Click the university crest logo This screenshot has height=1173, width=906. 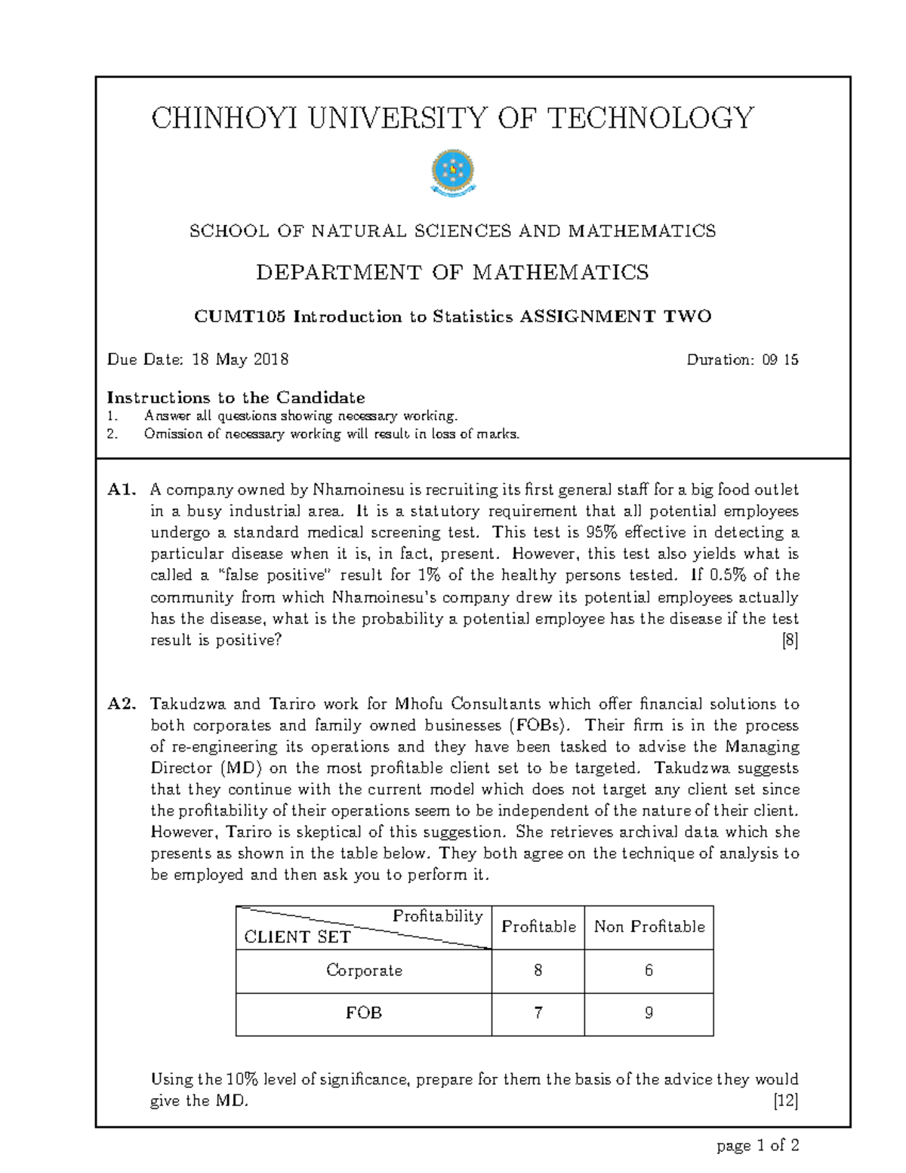[x=452, y=174]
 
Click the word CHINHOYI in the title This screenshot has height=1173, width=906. [x=206, y=119]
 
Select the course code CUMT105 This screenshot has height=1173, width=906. [x=240, y=316]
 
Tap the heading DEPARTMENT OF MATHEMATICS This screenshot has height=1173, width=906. [x=452, y=272]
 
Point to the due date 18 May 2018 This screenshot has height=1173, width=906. [x=240, y=360]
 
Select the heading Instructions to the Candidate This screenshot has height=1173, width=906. [x=236, y=397]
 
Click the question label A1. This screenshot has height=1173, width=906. [x=122, y=489]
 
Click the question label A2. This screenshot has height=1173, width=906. [x=122, y=704]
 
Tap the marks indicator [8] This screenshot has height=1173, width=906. [x=790, y=641]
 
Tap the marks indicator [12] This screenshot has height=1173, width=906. [x=786, y=1100]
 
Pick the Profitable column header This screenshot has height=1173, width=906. [x=538, y=927]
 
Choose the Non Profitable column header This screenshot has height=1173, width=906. [x=649, y=927]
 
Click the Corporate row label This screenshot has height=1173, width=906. [x=364, y=971]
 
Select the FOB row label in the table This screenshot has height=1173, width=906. [x=364, y=1013]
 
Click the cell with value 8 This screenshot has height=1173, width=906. [x=538, y=971]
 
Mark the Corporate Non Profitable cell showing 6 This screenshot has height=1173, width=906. [x=649, y=971]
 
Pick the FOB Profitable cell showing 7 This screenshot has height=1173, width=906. [x=538, y=1013]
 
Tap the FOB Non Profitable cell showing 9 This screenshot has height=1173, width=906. [x=649, y=1013]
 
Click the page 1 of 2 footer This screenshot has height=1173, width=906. [x=757, y=1146]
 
